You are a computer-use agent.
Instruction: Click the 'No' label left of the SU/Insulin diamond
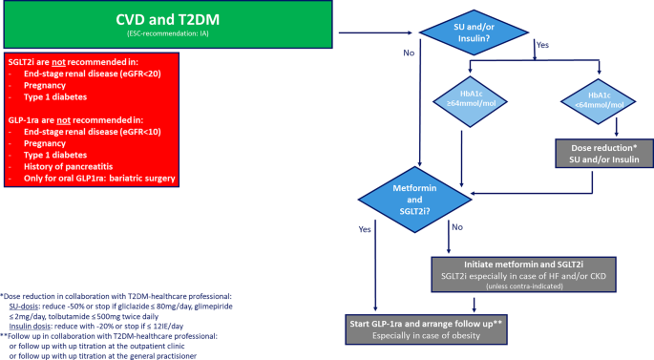(x=409, y=53)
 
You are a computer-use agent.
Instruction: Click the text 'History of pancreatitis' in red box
(x=65, y=165)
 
